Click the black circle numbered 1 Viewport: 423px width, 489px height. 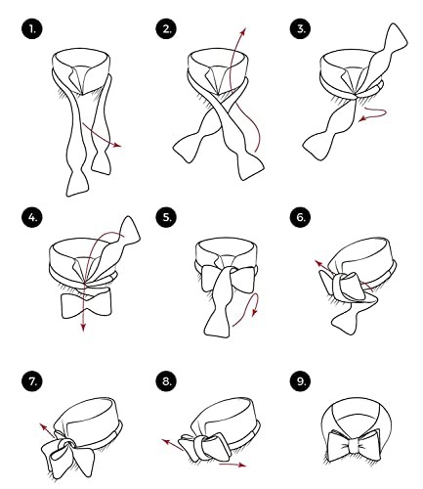click(32, 29)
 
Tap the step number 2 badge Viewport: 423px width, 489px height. click(166, 29)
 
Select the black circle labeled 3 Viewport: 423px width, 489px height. click(300, 29)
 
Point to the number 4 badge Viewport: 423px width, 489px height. click(32, 217)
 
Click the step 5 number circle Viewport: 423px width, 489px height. click(166, 217)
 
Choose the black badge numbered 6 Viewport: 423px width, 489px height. click(300, 217)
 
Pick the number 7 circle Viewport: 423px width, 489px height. click(32, 381)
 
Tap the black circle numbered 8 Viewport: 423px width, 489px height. click(166, 381)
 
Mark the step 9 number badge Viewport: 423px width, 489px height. click(300, 381)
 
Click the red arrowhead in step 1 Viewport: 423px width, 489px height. click(117, 145)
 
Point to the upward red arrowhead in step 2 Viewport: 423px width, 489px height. click(243, 31)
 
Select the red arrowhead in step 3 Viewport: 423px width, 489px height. click(362, 119)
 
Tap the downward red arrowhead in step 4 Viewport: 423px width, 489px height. click(84, 328)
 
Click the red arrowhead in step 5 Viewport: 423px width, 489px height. click(255, 312)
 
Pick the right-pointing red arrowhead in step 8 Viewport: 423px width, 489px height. click(241, 466)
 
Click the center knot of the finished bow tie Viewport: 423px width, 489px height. click(353, 446)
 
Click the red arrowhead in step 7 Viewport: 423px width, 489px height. click(43, 426)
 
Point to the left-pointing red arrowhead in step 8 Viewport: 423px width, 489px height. click(166, 442)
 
